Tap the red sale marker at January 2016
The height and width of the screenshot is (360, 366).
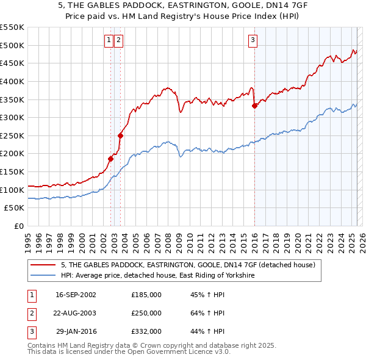point(254,106)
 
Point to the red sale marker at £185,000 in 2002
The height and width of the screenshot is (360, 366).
point(110,159)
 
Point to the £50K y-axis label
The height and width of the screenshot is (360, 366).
point(15,208)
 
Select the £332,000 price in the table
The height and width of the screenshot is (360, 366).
point(146,331)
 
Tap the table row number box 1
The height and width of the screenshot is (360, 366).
point(31,295)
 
